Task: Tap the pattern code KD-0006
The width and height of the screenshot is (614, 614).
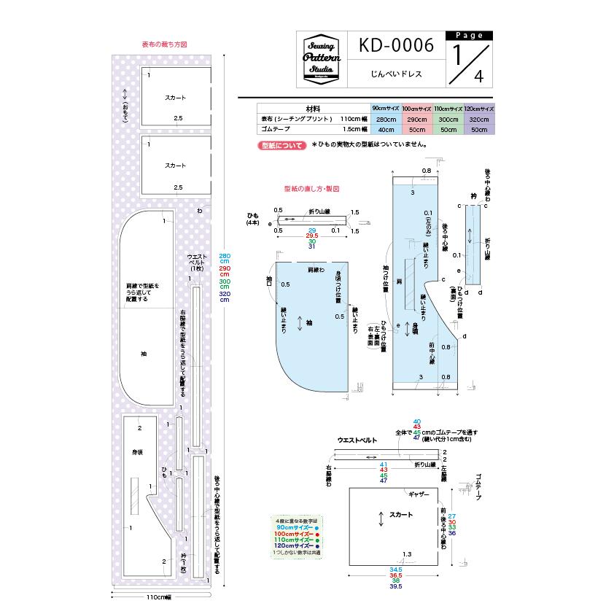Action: (x=396, y=46)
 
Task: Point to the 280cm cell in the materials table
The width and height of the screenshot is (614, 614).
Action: (x=385, y=119)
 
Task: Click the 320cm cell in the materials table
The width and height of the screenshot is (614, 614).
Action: (x=479, y=119)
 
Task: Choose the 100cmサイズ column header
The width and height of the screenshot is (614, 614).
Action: (x=416, y=107)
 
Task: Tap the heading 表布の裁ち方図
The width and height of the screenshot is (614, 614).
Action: (x=164, y=44)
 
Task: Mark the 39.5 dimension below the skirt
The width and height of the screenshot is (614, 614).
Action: (x=396, y=586)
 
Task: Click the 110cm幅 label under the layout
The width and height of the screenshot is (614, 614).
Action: (x=158, y=597)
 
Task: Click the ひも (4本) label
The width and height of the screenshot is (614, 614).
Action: (x=252, y=219)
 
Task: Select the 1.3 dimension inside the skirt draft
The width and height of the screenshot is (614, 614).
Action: (x=407, y=555)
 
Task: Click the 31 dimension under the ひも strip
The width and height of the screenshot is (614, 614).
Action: (x=312, y=247)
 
